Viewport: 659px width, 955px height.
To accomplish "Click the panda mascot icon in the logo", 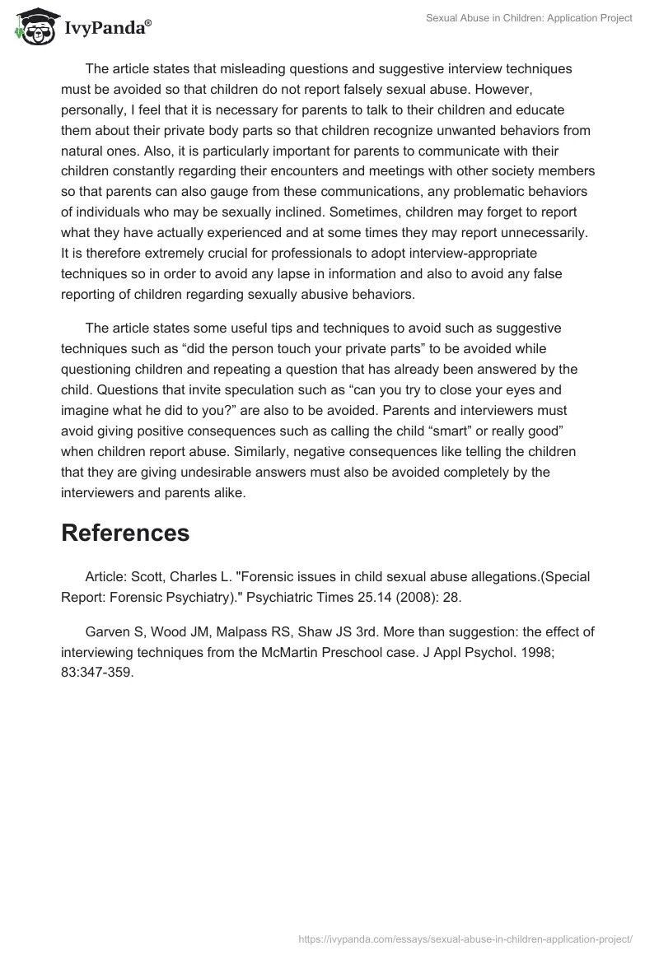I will (31, 28).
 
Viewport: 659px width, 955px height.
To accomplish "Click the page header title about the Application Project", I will (529, 18).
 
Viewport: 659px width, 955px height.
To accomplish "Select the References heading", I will (125, 533).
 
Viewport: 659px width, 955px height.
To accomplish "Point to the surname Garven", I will (105, 632).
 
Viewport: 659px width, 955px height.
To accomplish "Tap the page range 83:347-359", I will (97, 672).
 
